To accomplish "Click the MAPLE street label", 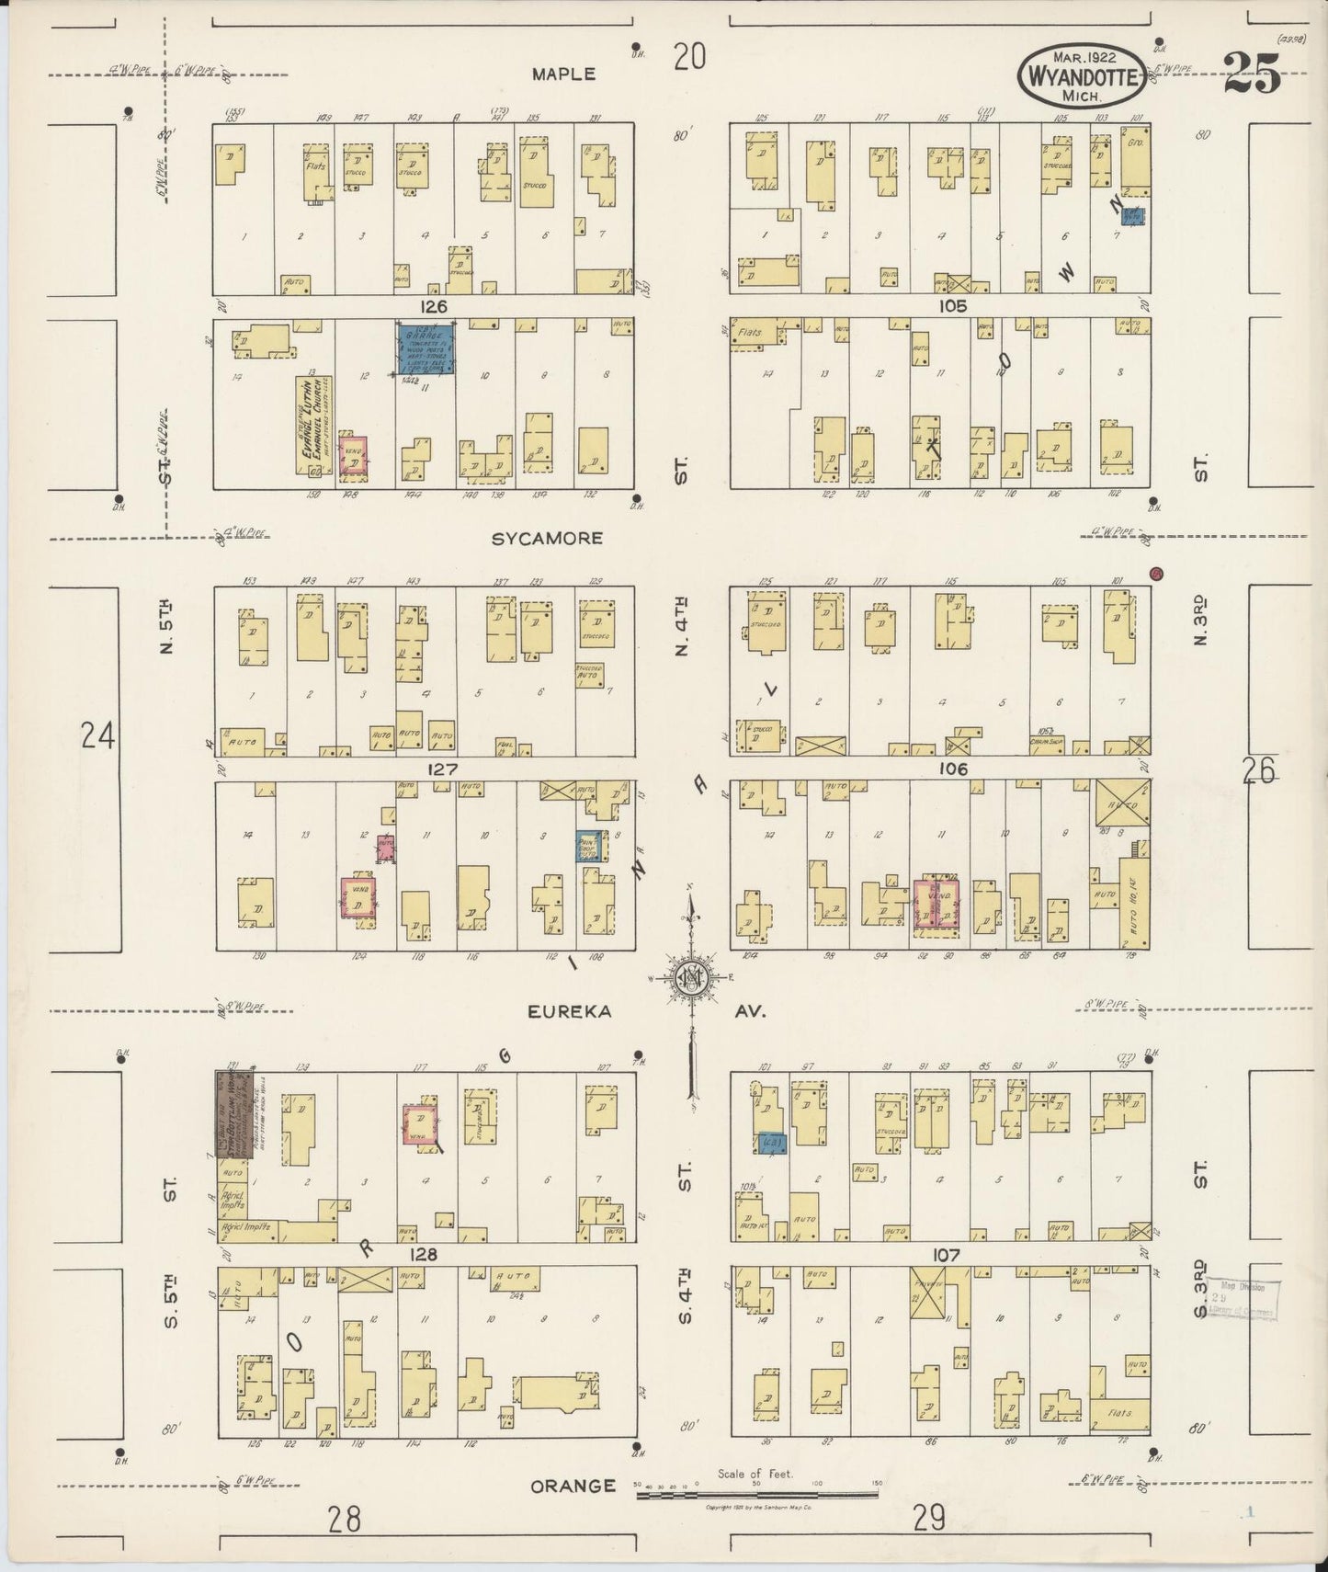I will (x=563, y=74).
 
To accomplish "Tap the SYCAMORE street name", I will (x=547, y=539).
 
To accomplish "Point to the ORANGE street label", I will (x=572, y=1486).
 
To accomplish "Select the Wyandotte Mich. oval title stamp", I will (x=1082, y=75).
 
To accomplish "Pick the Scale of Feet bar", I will (x=756, y=1496).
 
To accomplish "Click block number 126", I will (x=432, y=306).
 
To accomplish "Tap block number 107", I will (x=947, y=1254).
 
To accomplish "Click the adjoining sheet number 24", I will (x=97, y=735).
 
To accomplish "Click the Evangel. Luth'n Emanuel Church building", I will (x=313, y=426).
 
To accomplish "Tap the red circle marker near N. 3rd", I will (x=1157, y=574).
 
